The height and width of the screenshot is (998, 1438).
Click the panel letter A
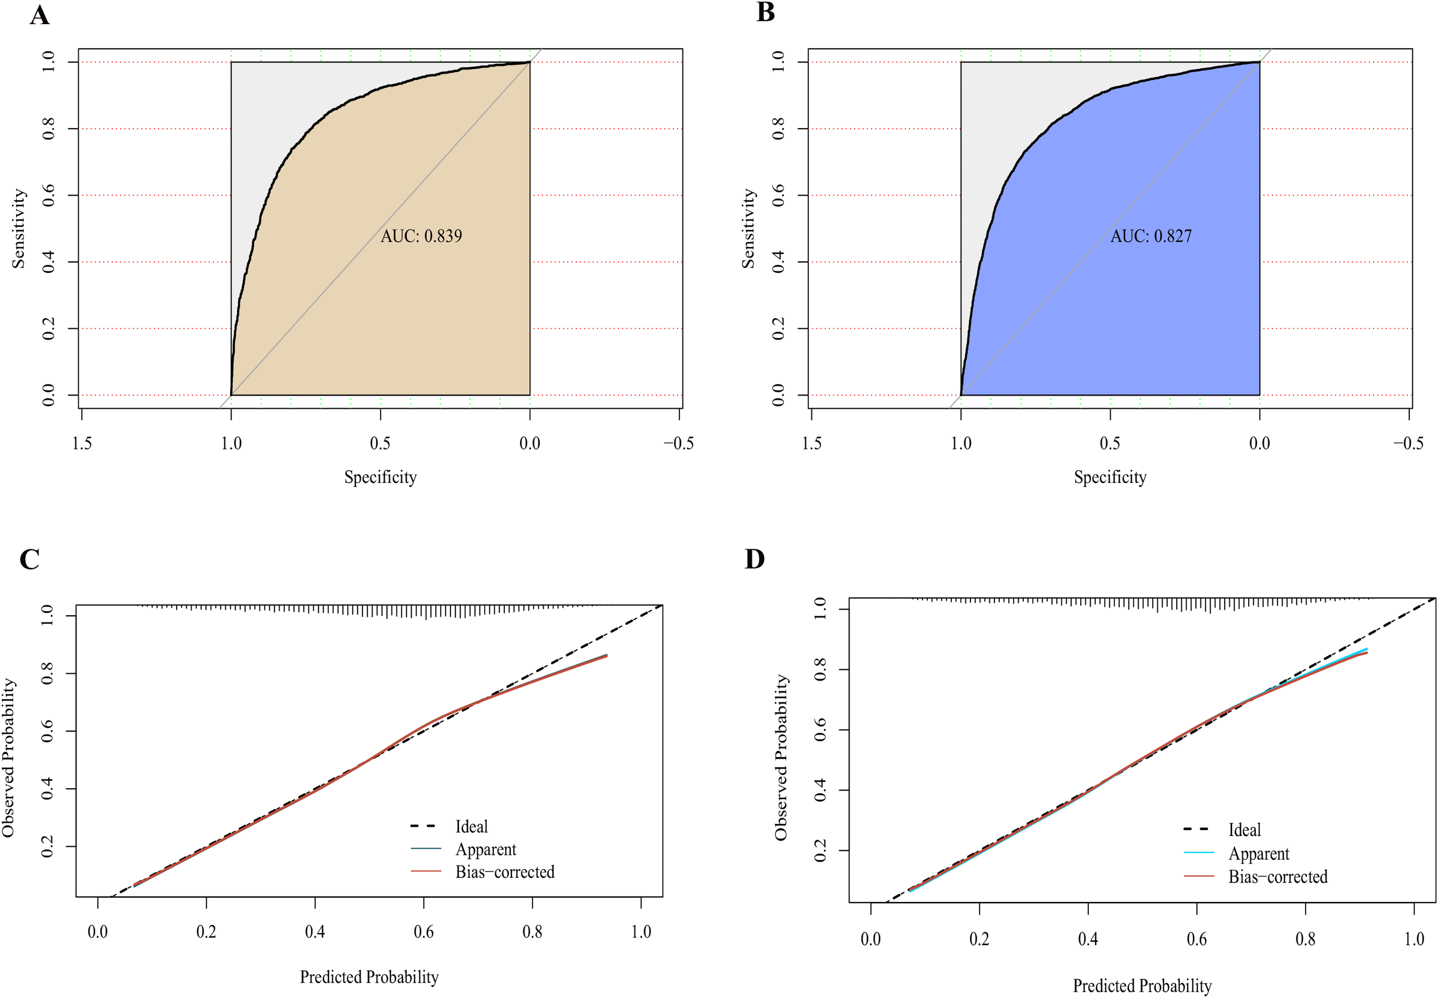[40, 15]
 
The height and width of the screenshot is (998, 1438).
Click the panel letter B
[765, 13]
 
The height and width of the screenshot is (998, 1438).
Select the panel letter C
[29, 559]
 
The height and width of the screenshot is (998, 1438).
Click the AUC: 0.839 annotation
[421, 236]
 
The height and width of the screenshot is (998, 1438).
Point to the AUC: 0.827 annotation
[1151, 236]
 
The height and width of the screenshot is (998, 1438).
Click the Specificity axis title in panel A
[380, 477]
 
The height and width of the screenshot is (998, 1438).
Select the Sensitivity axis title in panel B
[748, 229]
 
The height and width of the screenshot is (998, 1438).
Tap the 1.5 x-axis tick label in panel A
[82, 443]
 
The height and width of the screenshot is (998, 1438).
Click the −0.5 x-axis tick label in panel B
[1408, 443]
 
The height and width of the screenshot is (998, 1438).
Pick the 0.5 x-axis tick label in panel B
[1110, 443]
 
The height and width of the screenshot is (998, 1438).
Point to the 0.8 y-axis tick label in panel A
[49, 129]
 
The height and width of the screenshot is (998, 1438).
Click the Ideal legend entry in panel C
[471, 827]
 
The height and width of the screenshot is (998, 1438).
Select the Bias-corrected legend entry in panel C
[504, 872]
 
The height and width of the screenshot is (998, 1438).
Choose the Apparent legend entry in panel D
[1259, 854]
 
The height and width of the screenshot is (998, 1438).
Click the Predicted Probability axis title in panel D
[1142, 986]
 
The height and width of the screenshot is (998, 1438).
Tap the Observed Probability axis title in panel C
[8, 758]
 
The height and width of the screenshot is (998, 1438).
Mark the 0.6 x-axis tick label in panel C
[423, 932]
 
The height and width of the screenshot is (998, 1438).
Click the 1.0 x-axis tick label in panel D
[1414, 939]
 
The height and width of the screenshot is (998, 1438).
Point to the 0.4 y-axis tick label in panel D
[820, 790]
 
